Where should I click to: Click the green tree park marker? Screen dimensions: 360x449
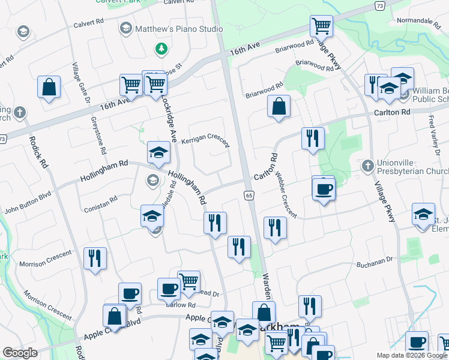(160, 48)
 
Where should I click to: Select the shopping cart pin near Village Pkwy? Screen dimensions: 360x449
(322, 26)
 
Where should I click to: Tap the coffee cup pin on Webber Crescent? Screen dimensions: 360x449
(324, 189)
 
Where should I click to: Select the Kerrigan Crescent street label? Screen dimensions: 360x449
(205, 140)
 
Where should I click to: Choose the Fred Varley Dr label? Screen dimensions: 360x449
(433, 139)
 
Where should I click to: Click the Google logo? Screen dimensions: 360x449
(20, 353)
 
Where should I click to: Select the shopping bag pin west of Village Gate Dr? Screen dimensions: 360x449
(49, 87)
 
